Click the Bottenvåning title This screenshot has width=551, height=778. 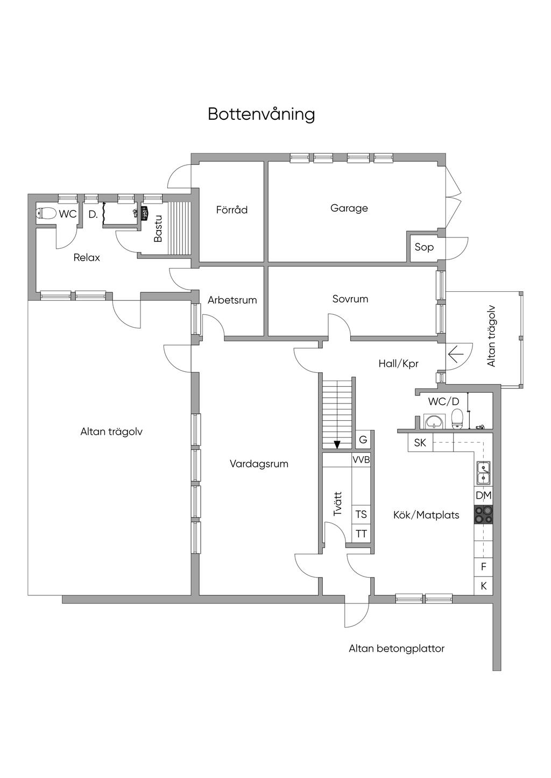click(261, 114)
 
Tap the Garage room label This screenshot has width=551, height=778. click(349, 208)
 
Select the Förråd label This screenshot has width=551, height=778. click(232, 210)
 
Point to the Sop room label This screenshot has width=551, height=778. click(424, 247)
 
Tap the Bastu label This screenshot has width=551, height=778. click(158, 229)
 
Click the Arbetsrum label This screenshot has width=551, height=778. click(232, 300)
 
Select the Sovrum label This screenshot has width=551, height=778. click(350, 299)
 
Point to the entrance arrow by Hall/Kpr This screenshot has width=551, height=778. click(456, 355)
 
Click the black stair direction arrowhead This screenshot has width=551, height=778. click(337, 444)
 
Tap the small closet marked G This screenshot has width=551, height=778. click(363, 440)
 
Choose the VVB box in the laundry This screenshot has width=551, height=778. click(361, 460)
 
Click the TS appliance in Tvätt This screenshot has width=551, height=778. click(361, 514)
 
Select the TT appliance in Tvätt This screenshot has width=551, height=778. click(361, 534)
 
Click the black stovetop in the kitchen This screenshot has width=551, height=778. click(484, 515)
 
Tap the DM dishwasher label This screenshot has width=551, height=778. click(484, 495)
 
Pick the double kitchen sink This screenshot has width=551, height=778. click(484, 473)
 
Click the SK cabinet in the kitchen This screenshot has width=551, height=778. click(420, 443)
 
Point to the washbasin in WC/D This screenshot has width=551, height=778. click(434, 422)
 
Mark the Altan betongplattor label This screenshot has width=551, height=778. click(397, 649)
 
